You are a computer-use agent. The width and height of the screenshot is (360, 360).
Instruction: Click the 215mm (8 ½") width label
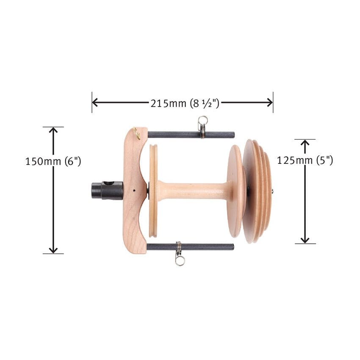pyautogui.click(x=185, y=103)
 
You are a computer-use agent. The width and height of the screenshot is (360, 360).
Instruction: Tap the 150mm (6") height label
pyautogui.click(x=53, y=161)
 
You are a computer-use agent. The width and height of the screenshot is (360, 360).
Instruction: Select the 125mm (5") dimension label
pyautogui.click(x=305, y=160)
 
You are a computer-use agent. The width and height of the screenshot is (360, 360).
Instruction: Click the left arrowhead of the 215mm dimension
pyautogui.click(x=95, y=102)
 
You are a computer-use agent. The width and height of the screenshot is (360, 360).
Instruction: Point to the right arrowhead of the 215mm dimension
pyautogui.click(x=270, y=102)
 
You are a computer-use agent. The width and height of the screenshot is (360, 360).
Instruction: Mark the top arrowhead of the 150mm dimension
pyautogui.click(x=53, y=130)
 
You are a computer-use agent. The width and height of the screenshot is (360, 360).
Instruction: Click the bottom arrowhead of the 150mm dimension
pyautogui.click(x=53, y=250)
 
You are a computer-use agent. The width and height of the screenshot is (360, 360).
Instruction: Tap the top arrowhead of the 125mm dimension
pyautogui.click(x=305, y=143)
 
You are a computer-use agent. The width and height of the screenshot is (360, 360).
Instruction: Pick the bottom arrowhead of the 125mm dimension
pyautogui.click(x=305, y=240)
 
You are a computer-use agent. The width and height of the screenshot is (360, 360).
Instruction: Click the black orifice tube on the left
pyautogui.click(x=107, y=190)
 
